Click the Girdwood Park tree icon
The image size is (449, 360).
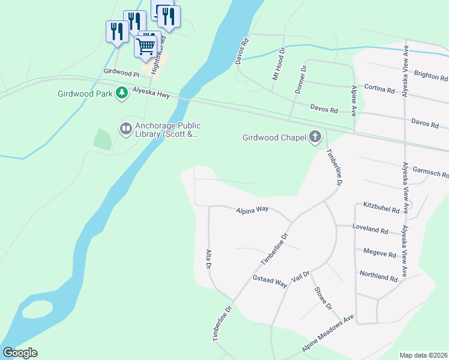pos(122,93)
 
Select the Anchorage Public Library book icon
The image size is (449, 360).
pos(125,128)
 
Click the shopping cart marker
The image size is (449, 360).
pos(146,46)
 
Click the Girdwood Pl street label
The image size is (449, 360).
pos(121,71)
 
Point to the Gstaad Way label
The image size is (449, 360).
pos(270,282)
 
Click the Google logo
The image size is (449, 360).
pos(20,352)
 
